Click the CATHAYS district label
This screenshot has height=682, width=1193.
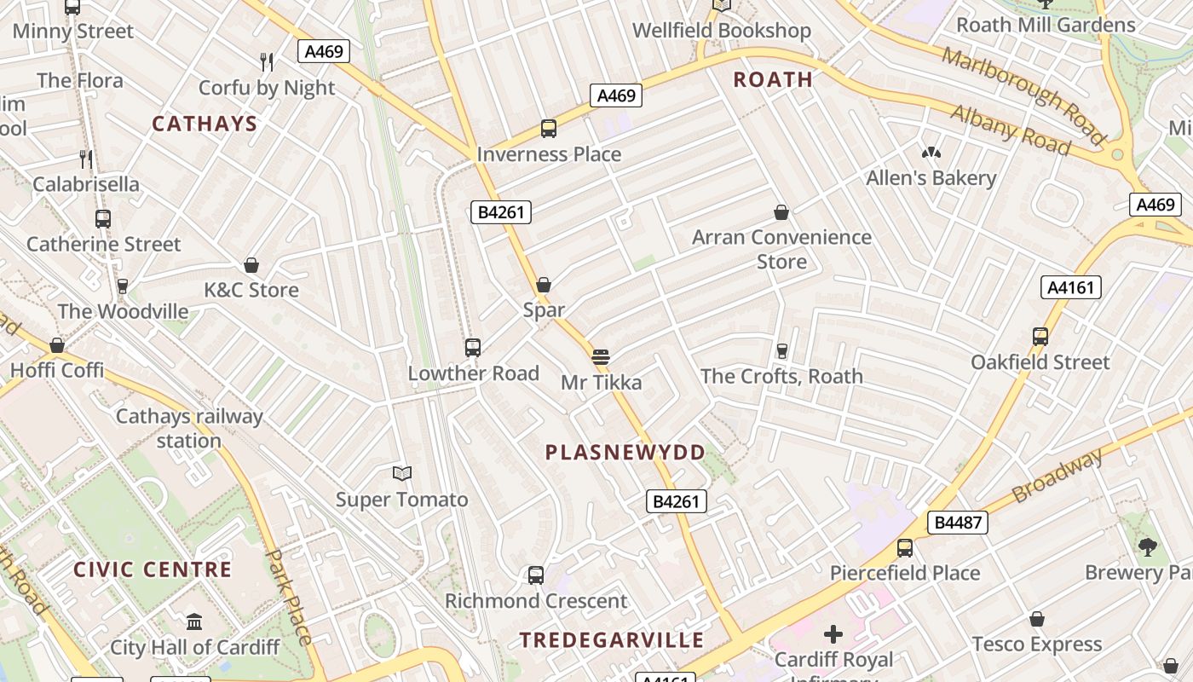[x=205, y=124]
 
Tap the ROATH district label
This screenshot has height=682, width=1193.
[x=773, y=80]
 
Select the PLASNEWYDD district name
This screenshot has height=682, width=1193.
[x=625, y=453]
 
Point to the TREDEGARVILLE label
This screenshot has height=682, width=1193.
[x=612, y=640]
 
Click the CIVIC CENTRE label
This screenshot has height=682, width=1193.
[x=153, y=569]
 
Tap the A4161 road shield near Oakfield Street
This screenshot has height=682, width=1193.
[x=1070, y=287]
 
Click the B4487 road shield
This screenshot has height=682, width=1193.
[x=958, y=523]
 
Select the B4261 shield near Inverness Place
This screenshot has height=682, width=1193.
[x=501, y=212]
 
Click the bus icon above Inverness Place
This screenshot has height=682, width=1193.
[x=549, y=129]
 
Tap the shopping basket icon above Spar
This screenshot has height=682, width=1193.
[x=544, y=285]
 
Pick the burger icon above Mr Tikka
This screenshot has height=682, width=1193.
[x=601, y=356]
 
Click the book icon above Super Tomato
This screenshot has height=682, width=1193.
[x=401, y=473]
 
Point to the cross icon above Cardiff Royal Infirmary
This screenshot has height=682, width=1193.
[x=833, y=633]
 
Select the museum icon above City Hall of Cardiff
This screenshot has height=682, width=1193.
[x=194, y=621]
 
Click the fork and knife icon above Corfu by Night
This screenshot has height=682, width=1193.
[x=267, y=61]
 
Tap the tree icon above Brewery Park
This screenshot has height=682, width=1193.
[x=1148, y=546]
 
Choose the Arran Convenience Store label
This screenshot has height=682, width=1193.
[x=781, y=249]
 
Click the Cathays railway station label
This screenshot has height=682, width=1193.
[x=189, y=429]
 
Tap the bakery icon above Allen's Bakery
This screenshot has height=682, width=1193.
[x=931, y=153]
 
